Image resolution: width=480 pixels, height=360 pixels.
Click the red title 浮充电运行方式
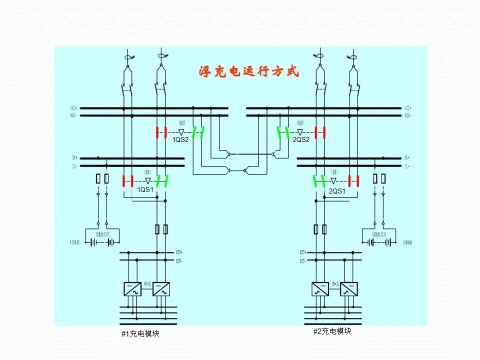[x=248, y=71]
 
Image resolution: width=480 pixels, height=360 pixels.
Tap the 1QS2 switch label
[x=180, y=140]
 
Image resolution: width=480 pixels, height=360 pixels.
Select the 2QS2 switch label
[x=301, y=140]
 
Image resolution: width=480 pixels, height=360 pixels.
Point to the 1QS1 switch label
[x=145, y=189]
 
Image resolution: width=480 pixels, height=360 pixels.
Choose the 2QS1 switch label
[x=337, y=191]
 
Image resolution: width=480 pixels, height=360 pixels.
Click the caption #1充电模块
[x=140, y=333]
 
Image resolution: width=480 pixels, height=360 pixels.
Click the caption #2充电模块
[x=332, y=331]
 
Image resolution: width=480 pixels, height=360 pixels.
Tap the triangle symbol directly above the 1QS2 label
[x=181, y=132]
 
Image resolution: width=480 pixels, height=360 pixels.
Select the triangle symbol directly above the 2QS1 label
[x=333, y=180]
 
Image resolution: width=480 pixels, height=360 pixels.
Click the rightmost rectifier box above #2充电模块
[x=349, y=289]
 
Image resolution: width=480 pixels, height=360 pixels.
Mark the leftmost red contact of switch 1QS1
[x=124, y=180]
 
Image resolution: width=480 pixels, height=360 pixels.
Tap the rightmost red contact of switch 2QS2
[x=324, y=132]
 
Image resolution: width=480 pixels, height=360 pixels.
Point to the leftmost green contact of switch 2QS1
[x=316, y=180]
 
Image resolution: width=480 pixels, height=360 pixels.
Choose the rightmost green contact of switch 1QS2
[x=202, y=132]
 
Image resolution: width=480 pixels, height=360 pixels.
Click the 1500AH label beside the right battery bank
[x=408, y=243]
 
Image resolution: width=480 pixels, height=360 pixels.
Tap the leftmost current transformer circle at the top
[x=127, y=58]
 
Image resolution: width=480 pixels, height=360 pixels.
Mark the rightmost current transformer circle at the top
[x=353, y=58]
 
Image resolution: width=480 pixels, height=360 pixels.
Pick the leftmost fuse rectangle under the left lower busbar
[x=98, y=178]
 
